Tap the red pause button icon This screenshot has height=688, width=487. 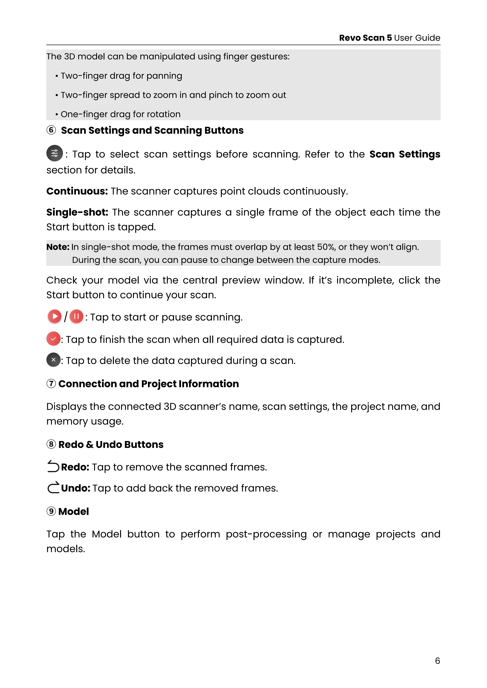[76, 316]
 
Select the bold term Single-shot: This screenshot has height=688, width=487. [77, 212]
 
